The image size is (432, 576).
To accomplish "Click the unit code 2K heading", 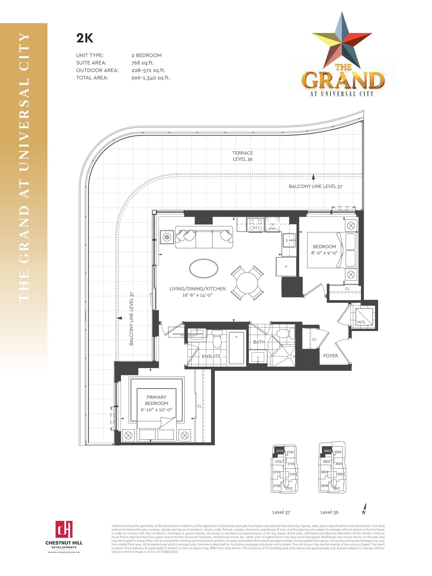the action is (x=85, y=38).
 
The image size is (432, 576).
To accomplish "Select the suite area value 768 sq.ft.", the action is (x=142, y=63).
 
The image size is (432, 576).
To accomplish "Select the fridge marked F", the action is (x=286, y=267).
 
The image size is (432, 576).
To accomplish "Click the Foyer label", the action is (x=331, y=356).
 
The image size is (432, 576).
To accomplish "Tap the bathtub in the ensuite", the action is (x=237, y=348).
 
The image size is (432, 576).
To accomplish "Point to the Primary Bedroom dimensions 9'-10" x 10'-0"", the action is (x=157, y=409).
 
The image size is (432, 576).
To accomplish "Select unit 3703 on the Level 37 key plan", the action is (x=279, y=451).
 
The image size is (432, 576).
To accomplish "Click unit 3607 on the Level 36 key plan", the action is (x=336, y=488).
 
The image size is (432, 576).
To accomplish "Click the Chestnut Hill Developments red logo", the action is (x=64, y=529).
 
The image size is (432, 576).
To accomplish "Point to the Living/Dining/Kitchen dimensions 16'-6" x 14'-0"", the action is (x=197, y=295).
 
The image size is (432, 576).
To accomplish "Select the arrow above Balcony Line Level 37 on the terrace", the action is (x=313, y=177).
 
